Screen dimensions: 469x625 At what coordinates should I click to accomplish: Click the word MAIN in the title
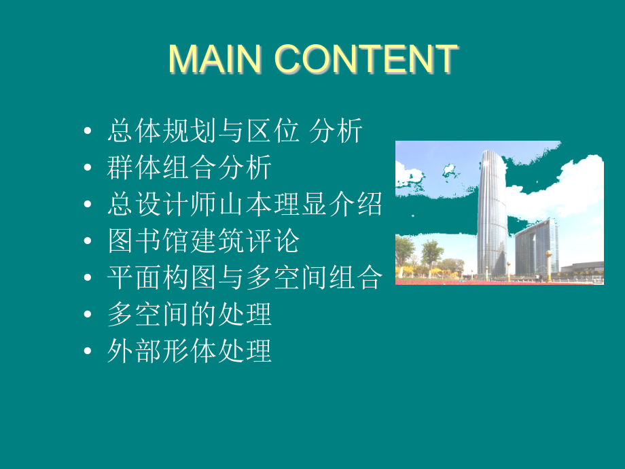pyautogui.click(x=215, y=59)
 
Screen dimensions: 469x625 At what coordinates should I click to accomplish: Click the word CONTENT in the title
pyautogui.click(x=366, y=59)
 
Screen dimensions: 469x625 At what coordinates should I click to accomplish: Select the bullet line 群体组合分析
pyautogui.click(x=190, y=168)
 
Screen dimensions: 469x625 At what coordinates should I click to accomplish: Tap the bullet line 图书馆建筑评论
pyautogui.click(x=203, y=241)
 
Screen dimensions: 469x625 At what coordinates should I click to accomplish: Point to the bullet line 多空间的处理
pyautogui.click(x=190, y=315)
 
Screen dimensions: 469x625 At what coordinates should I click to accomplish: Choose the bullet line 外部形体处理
pyautogui.click(x=190, y=351)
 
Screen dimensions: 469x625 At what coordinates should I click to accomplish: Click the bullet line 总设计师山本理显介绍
pyautogui.click(x=245, y=205)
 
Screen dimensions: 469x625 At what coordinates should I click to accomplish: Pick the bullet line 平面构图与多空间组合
pyautogui.click(x=245, y=278)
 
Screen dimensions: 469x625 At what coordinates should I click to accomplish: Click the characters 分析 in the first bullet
pyautogui.click(x=336, y=131)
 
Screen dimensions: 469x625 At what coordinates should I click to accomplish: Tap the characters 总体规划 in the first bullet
pyautogui.click(x=162, y=131)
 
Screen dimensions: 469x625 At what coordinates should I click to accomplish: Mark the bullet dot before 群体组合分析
pyautogui.click(x=86, y=168)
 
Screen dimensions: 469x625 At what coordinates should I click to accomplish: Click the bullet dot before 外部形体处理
pyautogui.click(x=86, y=352)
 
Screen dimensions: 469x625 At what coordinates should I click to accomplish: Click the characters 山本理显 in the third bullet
pyautogui.click(x=272, y=205)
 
